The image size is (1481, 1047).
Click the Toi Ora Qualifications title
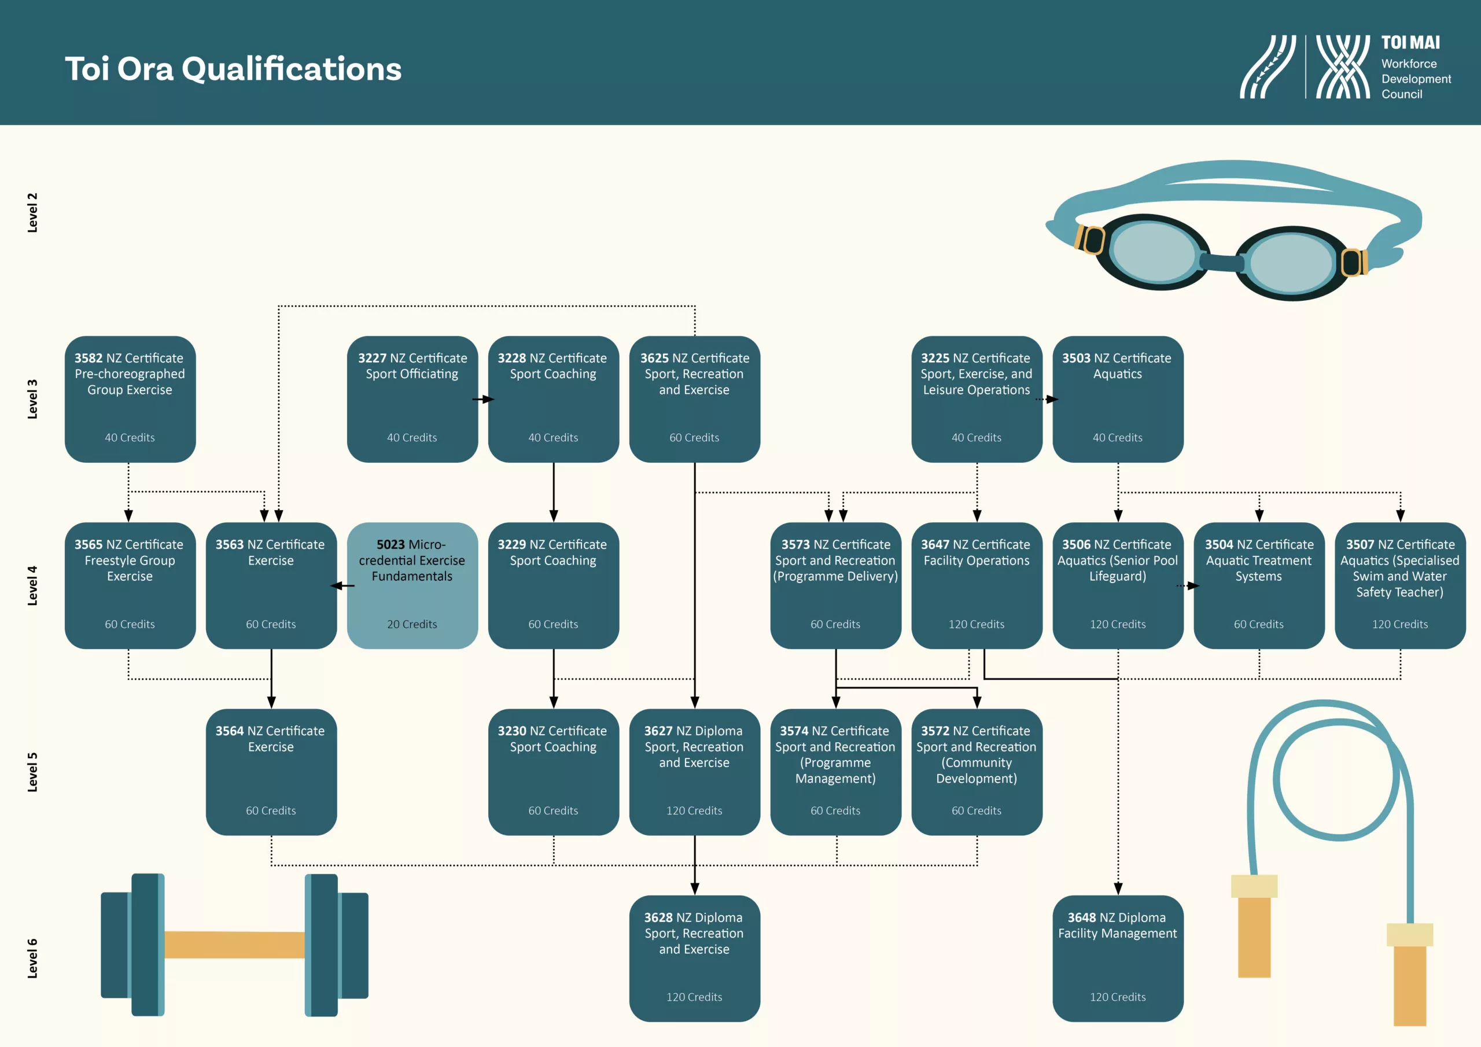tap(233, 68)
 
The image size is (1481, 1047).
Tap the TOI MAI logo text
tap(1410, 43)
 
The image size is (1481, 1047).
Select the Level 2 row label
tap(32, 212)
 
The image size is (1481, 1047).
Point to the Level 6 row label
tap(32, 958)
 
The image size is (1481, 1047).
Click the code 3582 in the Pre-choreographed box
tap(89, 358)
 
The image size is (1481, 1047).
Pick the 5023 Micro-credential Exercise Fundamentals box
tap(412, 585)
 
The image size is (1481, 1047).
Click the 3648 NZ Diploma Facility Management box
tap(1118, 958)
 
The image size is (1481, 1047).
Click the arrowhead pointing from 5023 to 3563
tap(336, 586)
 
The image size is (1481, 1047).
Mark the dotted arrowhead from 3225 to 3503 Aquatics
tap(1052, 399)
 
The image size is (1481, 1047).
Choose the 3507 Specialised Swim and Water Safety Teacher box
tap(1400, 585)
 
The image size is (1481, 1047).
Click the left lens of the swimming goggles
tap(1155, 252)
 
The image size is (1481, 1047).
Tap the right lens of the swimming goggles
tap(1291, 263)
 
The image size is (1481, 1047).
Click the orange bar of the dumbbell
tap(234, 945)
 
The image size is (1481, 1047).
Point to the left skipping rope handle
tap(1254, 926)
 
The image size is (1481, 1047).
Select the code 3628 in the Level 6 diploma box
tap(658, 917)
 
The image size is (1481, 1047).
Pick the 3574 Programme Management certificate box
tap(835, 772)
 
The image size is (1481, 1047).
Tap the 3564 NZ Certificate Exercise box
tap(271, 772)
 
